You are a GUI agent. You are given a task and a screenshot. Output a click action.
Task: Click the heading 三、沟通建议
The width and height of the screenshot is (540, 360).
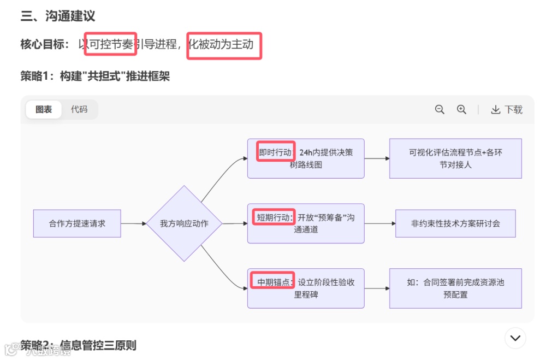coord(58,17)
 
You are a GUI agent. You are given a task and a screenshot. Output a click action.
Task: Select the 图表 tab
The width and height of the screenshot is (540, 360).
coord(44,109)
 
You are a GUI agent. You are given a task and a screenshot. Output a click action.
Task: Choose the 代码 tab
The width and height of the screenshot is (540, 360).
coord(79,109)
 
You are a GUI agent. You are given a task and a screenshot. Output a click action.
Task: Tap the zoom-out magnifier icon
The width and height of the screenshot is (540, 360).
coord(440,109)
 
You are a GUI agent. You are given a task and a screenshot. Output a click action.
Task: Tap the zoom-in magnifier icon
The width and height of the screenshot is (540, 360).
coord(461,109)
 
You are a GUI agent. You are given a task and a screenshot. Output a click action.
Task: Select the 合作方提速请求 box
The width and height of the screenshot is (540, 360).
coord(77,223)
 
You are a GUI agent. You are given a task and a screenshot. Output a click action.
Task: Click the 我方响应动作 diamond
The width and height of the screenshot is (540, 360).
coord(184,223)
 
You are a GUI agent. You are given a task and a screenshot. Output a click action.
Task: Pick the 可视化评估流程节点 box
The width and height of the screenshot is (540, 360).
coord(455,158)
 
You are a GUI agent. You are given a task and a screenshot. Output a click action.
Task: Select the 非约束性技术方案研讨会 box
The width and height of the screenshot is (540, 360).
coord(455,223)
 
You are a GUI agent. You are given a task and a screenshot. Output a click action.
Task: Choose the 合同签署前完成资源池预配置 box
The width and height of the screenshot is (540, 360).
coord(455,288)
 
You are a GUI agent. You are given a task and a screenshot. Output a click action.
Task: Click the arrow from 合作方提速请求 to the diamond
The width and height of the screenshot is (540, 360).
coord(133,223)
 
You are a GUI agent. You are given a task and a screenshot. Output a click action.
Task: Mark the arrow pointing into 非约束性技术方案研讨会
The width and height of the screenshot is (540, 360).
coord(380,223)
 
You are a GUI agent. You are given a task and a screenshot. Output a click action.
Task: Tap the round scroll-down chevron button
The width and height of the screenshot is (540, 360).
coord(515,338)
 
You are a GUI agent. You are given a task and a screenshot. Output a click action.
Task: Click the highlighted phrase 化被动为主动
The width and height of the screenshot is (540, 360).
coord(224,45)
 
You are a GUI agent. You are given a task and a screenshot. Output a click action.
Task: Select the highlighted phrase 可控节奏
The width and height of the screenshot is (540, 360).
coord(110,44)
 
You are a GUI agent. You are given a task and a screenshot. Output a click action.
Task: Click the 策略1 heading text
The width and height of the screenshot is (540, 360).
coord(95,76)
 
